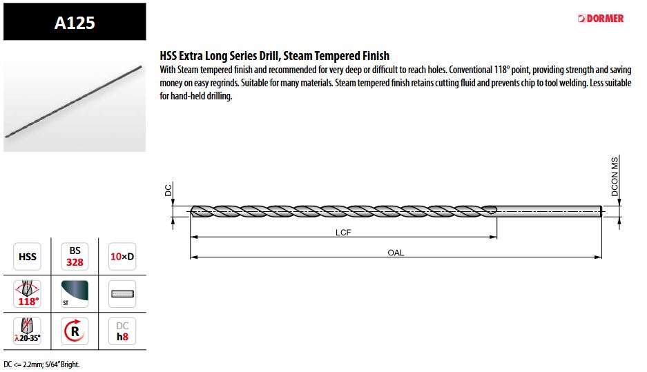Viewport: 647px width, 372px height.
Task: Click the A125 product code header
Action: (75, 22)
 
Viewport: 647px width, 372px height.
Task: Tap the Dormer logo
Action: (601, 19)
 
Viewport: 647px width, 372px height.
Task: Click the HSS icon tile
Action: (27, 257)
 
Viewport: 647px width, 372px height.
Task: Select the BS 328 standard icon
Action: (75, 257)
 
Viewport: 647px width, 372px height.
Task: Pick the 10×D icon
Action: (122, 257)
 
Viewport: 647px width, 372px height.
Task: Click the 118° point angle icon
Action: (27, 293)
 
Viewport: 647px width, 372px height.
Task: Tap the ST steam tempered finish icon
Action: (75, 293)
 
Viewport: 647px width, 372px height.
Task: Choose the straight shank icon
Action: (122, 293)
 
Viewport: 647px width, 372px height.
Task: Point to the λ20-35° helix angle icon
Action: (27, 331)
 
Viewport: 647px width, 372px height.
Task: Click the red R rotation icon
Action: (75, 331)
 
